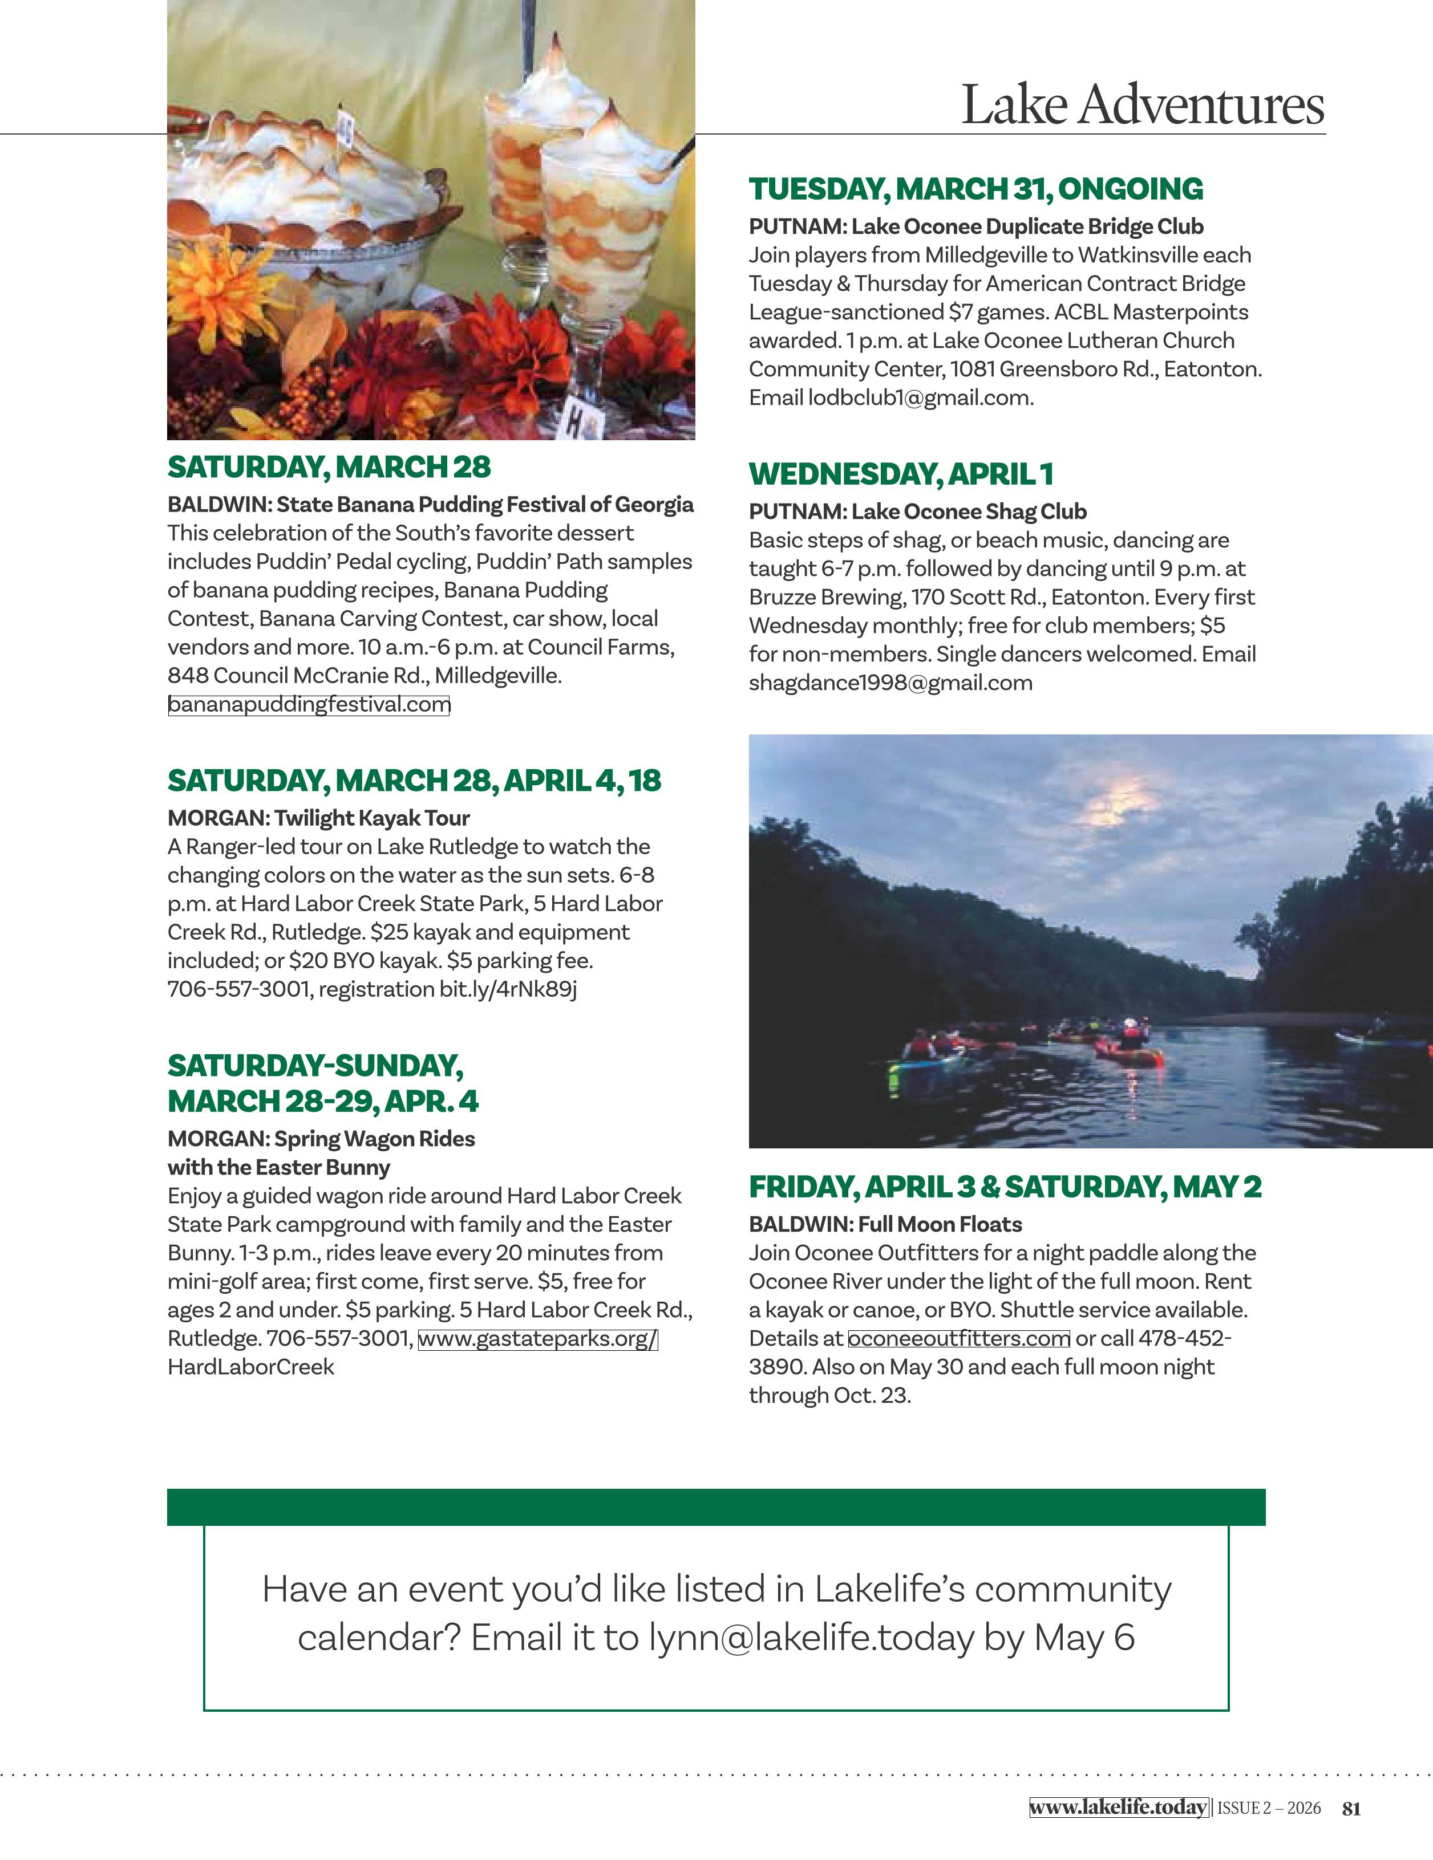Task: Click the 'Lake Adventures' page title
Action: tap(1143, 105)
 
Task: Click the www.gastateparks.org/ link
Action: tap(537, 1339)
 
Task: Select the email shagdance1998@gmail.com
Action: tap(890, 683)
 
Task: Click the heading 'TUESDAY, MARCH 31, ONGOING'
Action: tap(975, 189)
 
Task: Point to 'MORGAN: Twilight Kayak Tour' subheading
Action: tap(319, 818)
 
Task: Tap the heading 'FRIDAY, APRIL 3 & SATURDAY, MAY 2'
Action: tap(1005, 1187)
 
